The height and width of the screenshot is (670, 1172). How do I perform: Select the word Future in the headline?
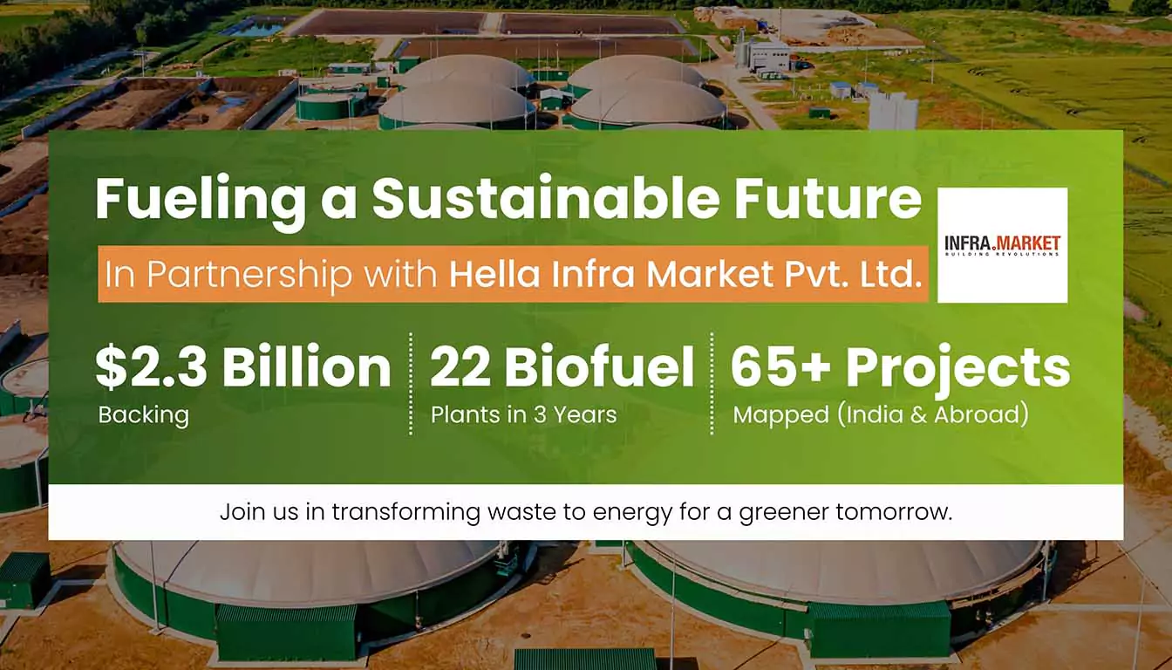click(x=828, y=198)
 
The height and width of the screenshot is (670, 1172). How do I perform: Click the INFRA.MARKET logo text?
click(x=1003, y=244)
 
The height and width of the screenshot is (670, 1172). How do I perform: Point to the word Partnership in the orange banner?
click(x=249, y=274)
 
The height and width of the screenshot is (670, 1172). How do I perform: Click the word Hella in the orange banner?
click(x=494, y=274)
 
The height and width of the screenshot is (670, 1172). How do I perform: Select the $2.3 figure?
click(x=151, y=366)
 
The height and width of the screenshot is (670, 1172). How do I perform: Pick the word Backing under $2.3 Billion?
click(x=143, y=415)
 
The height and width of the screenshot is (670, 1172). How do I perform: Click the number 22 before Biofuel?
click(x=460, y=366)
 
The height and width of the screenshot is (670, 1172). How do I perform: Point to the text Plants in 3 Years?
click(x=524, y=415)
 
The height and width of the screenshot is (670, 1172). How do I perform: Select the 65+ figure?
click(x=780, y=366)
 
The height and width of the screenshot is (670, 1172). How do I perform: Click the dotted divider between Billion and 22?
click(x=411, y=384)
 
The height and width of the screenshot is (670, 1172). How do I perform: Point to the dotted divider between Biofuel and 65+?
click(x=712, y=384)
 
